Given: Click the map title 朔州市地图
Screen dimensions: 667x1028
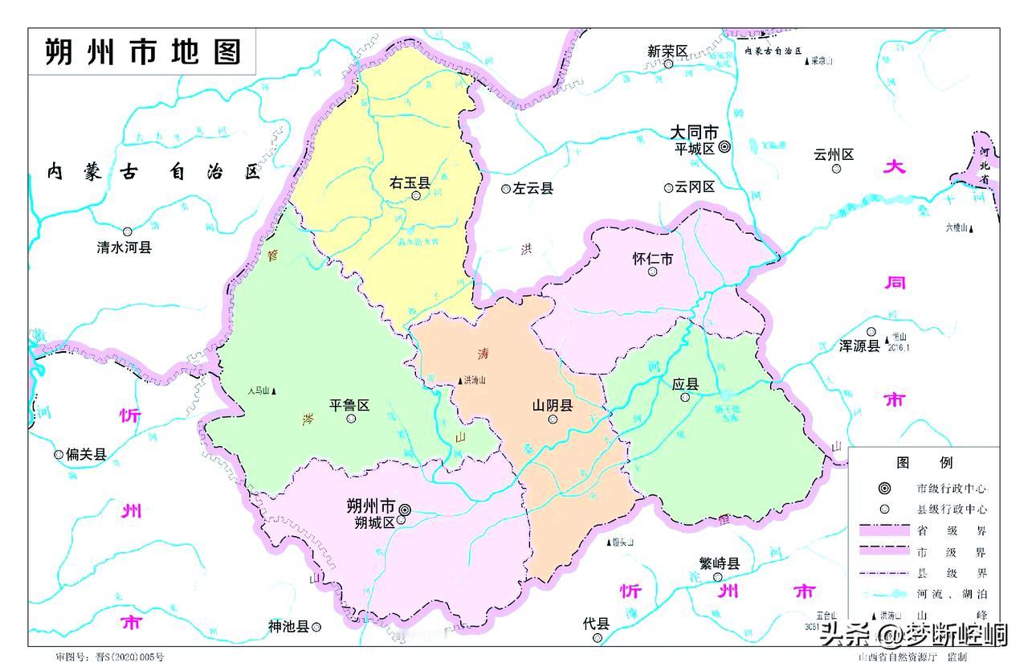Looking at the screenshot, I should tap(143, 52).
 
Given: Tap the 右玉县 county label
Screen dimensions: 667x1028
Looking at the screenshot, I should tap(410, 183).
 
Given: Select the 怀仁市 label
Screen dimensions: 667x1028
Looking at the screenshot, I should tap(652, 259).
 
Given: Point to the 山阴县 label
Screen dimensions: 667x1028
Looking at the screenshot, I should tap(553, 406).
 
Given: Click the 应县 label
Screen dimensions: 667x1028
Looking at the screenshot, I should tap(685, 384).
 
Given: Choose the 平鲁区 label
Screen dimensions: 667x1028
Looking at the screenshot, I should tap(349, 405).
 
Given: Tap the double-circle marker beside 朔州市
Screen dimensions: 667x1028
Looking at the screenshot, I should tap(405, 509).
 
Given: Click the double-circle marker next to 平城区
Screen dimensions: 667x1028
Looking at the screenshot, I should tap(724, 147).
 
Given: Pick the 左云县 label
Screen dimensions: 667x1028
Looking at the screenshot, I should tap(534, 189).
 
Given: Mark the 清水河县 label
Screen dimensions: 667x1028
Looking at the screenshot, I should tap(124, 248).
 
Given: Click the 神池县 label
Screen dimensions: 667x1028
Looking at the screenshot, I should tap(288, 627).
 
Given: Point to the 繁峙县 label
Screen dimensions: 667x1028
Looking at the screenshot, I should tap(718, 563).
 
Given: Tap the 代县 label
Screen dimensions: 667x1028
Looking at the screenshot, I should tap(597, 624).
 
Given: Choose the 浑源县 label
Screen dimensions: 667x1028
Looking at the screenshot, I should tap(859, 346).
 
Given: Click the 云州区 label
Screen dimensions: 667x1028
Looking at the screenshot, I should tap(834, 155).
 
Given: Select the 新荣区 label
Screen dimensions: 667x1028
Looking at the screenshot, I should tap(667, 51).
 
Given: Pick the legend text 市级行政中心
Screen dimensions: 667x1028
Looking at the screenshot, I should tap(952, 489).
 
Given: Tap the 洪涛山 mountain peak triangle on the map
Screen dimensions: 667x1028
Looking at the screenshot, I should tap(460, 381).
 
